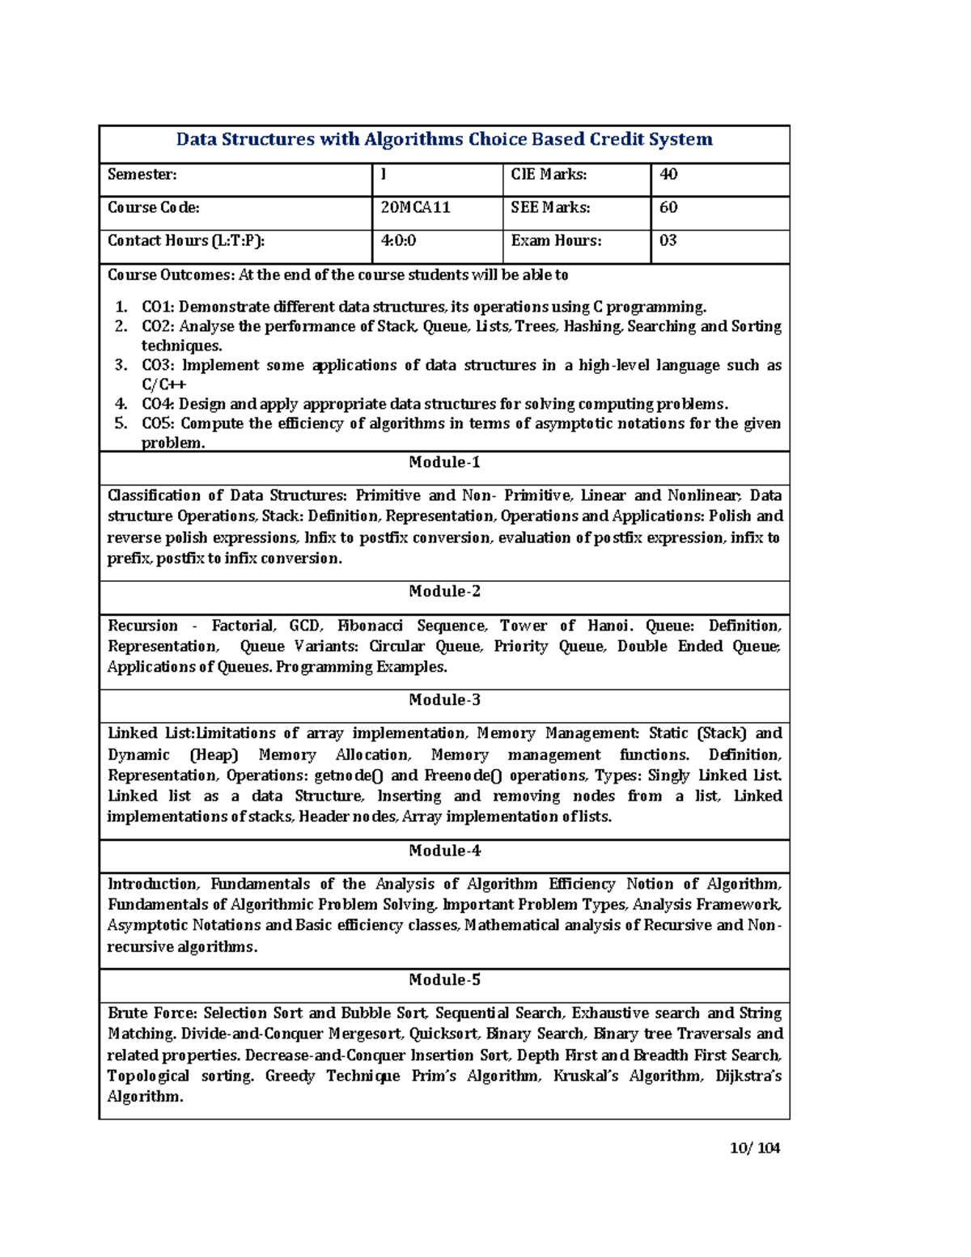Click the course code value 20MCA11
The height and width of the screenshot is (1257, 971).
(415, 208)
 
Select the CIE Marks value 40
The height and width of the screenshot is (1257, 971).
(668, 175)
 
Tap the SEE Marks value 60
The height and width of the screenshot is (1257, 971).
(668, 208)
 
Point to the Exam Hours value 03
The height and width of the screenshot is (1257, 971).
(668, 241)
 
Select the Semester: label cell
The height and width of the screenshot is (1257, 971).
(142, 175)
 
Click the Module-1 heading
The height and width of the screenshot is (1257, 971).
(444, 463)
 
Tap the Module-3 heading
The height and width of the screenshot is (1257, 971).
(444, 700)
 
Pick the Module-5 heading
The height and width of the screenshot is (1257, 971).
(444, 980)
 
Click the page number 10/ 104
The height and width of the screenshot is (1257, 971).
(754, 1148)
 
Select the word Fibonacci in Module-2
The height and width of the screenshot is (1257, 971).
(370, 626)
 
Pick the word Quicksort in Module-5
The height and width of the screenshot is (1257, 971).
(443, 1034)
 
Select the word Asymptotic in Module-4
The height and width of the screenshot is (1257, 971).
(143, 926)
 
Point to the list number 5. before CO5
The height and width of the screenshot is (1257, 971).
(121, 424)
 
